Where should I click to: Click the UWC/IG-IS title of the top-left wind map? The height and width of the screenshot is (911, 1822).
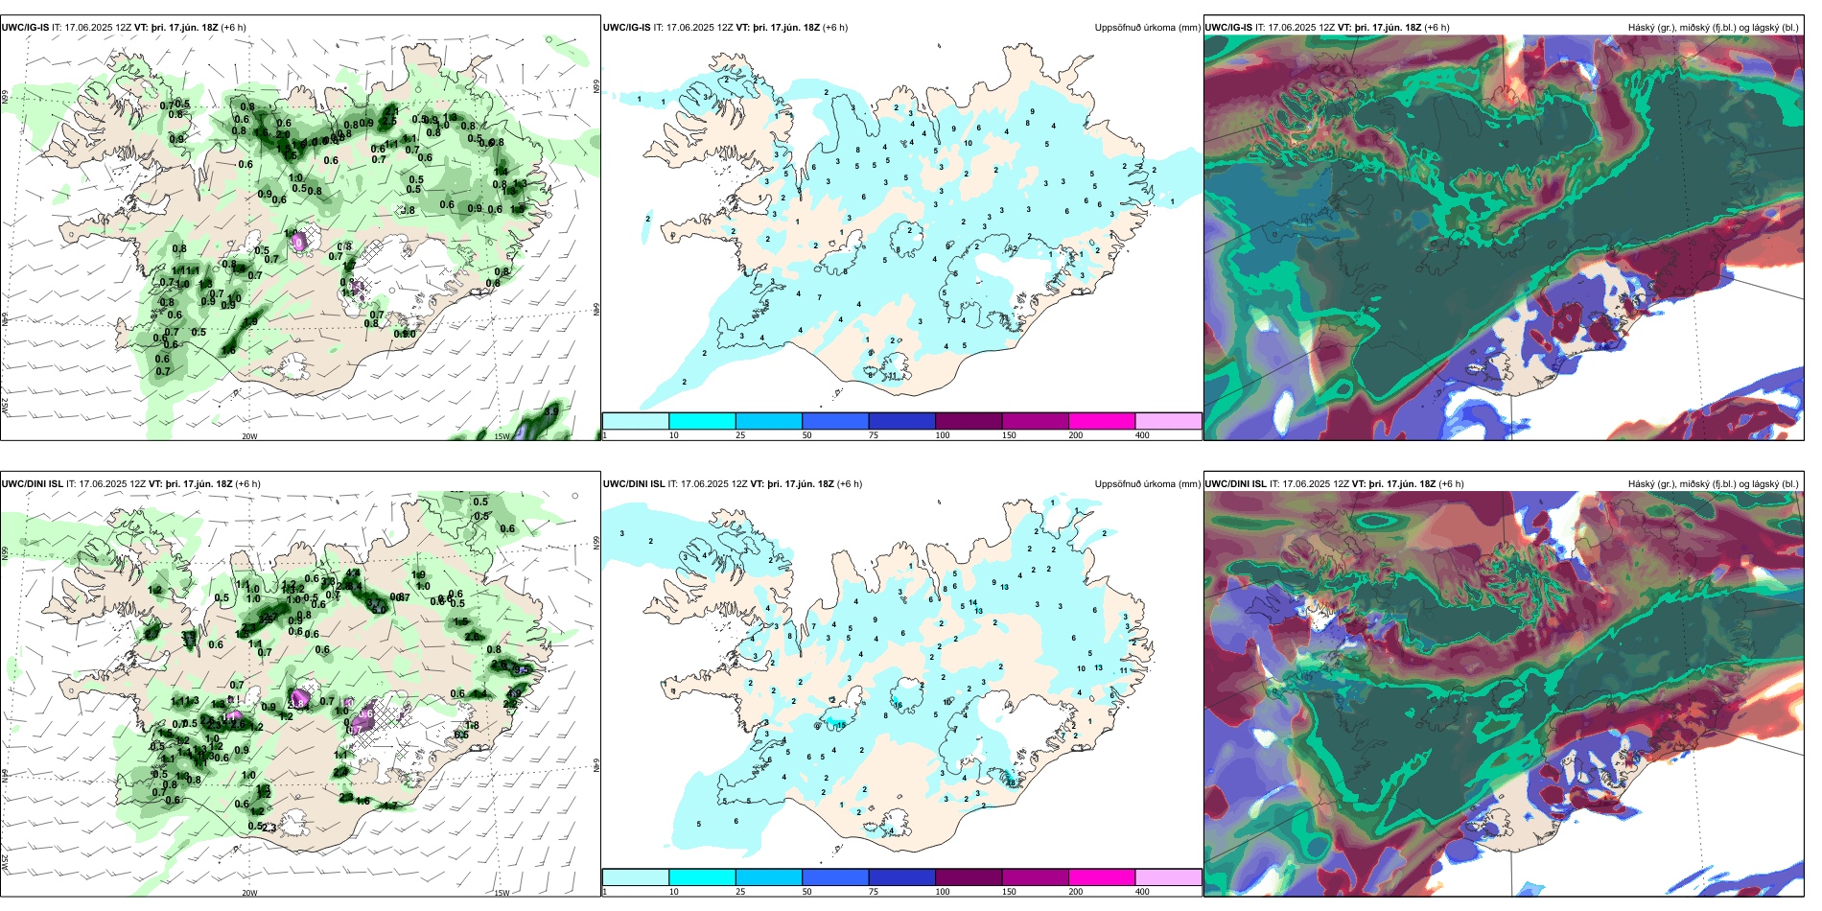click(x=25, y=28)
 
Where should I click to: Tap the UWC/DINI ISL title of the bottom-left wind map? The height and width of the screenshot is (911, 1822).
click(x=32, y=484)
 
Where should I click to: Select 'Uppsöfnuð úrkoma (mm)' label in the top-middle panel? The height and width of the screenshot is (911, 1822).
click(x=1147, y=28)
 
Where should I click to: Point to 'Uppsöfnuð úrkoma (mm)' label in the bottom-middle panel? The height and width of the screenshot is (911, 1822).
click(x=1147, y=484)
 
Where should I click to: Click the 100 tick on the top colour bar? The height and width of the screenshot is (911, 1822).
click(x=943, y=435)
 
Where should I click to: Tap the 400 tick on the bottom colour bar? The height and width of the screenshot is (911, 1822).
click(x=1142, y=892)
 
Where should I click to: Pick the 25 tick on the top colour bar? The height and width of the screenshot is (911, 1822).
click(x=740, y=435)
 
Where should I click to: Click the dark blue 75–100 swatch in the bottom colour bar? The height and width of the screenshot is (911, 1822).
click(x=901, y=877)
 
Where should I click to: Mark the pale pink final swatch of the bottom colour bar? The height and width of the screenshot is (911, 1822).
click(x=1168, y=877)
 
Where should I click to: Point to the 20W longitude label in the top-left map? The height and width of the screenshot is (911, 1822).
click(x=249, y=436)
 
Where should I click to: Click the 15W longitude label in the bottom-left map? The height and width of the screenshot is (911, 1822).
click(x=502, y=893)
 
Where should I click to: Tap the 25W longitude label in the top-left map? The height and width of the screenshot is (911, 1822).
click(x=5, y=407)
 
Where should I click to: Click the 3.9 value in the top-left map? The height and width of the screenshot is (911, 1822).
click(x=551, y=411)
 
